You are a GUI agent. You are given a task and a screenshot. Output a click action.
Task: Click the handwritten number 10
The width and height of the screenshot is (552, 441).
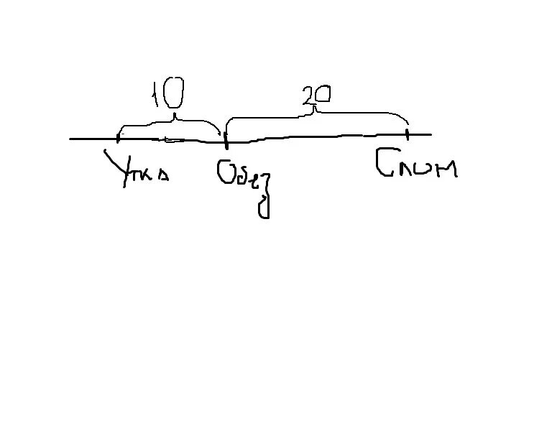(167, 94)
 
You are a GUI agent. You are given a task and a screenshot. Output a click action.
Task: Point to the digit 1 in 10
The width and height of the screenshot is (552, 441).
(155, 94)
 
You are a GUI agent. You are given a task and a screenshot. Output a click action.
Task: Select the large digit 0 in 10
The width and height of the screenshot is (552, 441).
(175, 93)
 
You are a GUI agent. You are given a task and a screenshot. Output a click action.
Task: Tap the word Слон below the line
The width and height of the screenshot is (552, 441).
(416, 167)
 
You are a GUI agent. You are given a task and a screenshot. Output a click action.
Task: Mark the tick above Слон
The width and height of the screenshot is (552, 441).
(407, 133)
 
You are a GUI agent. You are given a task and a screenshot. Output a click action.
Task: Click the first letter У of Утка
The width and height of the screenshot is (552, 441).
(115, 168)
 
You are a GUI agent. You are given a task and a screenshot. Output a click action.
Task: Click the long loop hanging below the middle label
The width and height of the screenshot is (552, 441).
(264, 203)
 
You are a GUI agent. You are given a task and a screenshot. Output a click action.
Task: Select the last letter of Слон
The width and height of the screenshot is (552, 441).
(446, 170)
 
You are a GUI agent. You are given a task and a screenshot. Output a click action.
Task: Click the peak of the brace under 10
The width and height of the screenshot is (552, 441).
(172, 116)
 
